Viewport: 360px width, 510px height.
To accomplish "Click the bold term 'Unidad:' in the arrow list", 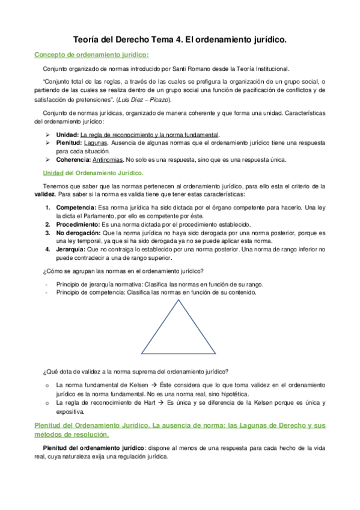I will pos(67,134).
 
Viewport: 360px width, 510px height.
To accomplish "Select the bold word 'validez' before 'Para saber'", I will pos(46,194).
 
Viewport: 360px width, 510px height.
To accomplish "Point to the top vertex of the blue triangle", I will pos(180,301).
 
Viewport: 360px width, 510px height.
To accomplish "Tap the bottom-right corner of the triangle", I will pos(216,354).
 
